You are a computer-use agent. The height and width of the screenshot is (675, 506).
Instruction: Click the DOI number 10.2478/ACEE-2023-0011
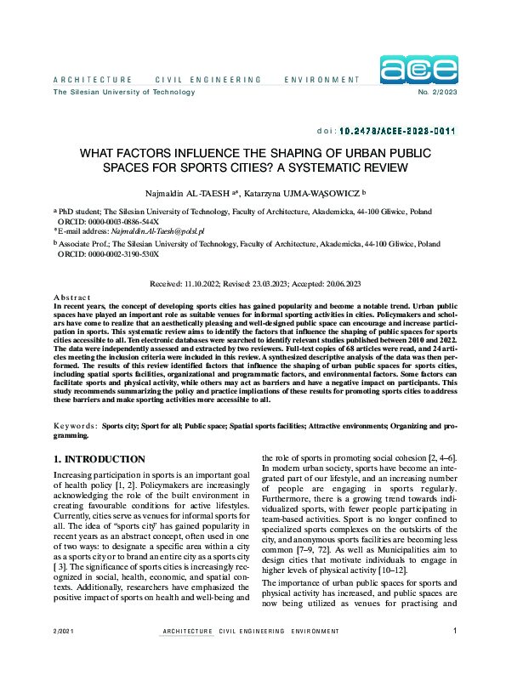click(x=398, y=132)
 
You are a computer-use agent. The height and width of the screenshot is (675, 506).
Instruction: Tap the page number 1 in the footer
click(x=456, y=655)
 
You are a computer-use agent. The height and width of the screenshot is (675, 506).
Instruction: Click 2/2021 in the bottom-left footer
click(x=65, y=655)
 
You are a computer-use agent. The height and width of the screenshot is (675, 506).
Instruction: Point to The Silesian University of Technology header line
click(x=112, y=92)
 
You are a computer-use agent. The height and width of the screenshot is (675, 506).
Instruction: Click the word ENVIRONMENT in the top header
click(x=322, y=80)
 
